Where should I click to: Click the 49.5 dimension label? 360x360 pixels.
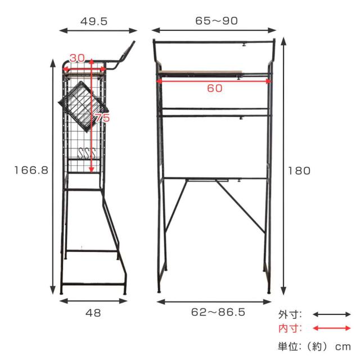tap(94, 21)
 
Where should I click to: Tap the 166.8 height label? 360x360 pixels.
tap(31, 170)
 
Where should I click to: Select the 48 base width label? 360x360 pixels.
tap(93, 313)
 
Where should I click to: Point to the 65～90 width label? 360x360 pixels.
tap(217, 21)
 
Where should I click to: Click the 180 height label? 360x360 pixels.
tap(299, 171)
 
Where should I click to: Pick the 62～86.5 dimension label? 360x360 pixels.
tap(218, 312)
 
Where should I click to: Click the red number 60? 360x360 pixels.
tap(215, 88)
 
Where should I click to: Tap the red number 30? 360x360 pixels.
tap(77, 58)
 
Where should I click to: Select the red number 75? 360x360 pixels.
tap(102, 118)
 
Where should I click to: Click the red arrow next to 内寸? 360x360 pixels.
tap(332, 328)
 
